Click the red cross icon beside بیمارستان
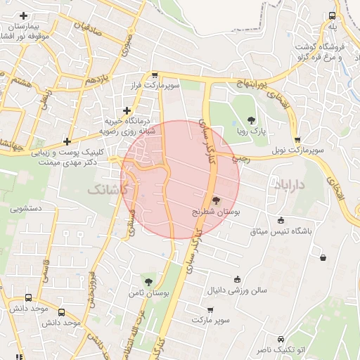24,15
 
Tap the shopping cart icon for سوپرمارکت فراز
155,74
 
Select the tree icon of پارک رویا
252,119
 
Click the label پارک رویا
251,131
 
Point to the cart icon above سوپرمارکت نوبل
297,139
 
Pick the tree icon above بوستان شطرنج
215,200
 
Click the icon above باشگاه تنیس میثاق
281,219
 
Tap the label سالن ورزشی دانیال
237,289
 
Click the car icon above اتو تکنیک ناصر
281,338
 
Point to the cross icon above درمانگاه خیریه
127,110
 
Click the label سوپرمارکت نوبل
299,150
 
